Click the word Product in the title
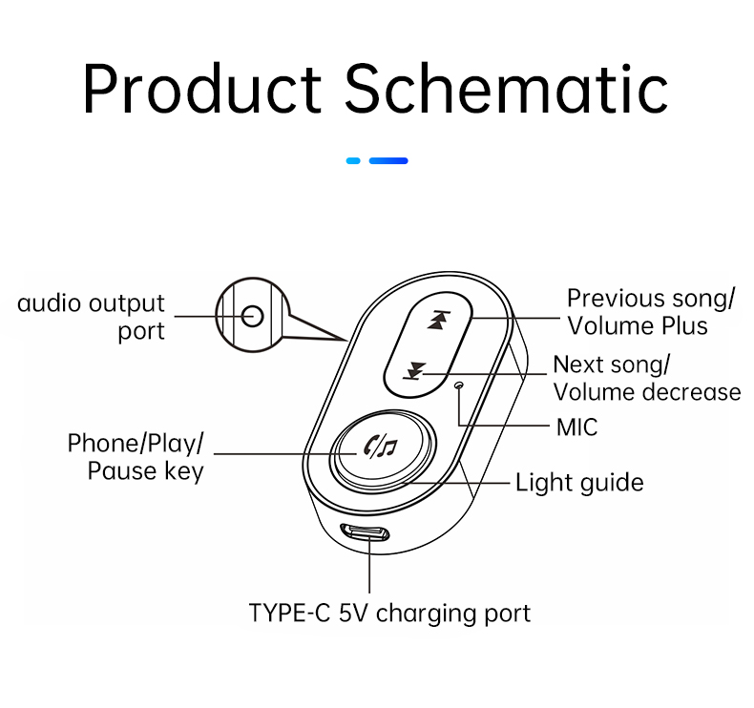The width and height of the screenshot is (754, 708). [202, 89]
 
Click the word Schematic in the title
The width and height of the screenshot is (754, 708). [507, 89]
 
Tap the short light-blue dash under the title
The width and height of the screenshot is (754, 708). [353, 160]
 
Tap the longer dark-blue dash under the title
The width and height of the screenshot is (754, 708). [388, 160]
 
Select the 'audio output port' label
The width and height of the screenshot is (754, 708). [91, 317]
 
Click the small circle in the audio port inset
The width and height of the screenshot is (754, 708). [253, 316]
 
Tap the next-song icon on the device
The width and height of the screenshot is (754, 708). [414, 371]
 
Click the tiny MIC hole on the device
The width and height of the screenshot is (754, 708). [459, 385]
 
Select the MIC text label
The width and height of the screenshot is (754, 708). [576, 427]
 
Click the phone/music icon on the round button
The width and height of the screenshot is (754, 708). [381, 447]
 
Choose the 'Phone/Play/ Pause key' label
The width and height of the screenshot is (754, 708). [136, 457]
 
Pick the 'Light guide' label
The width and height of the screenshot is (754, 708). [579, 483]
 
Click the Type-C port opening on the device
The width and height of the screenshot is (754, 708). [365, 532]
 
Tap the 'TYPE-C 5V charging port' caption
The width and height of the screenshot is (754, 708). [389, 614]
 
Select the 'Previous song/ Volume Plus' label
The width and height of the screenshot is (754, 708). [651, 312]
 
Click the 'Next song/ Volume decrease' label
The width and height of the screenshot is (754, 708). [647, 378]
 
